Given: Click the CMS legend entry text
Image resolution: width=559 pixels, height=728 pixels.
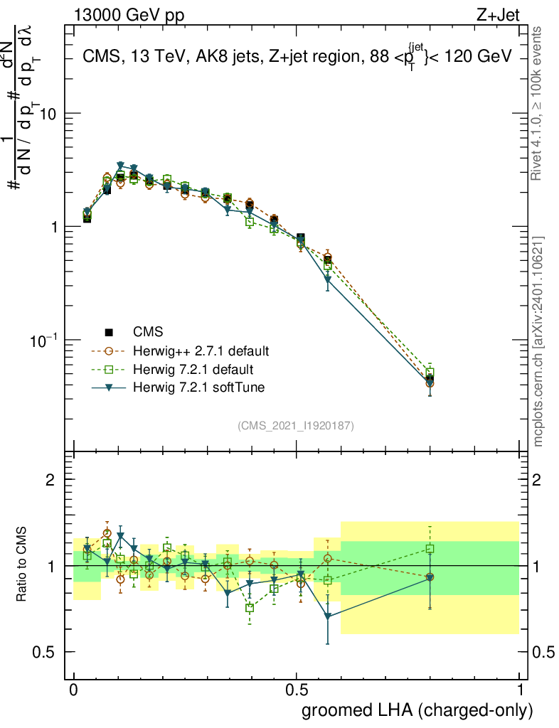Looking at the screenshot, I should (x=148, y=332).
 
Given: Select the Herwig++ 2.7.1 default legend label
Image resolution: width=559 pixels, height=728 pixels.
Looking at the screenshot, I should (x=201, y=351).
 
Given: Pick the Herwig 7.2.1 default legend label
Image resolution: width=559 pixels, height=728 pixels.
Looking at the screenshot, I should (x=193, y=370).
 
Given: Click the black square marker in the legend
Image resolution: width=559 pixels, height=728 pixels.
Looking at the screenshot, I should (x=109, y=332).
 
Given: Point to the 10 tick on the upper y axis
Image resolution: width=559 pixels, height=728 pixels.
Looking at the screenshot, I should (x=48, y=114).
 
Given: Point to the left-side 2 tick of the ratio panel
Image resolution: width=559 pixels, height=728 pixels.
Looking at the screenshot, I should (x=50, y=480).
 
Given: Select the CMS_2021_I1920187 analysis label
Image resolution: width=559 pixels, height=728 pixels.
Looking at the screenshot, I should (x=296, y=426).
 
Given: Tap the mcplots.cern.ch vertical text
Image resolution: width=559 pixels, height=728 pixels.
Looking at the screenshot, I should (x=538, y=341).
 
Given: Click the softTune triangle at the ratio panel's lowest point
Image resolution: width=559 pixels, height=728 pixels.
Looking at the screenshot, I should (x=327, y=616).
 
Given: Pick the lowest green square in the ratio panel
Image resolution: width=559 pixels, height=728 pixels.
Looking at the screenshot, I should (x=250, y=608).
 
